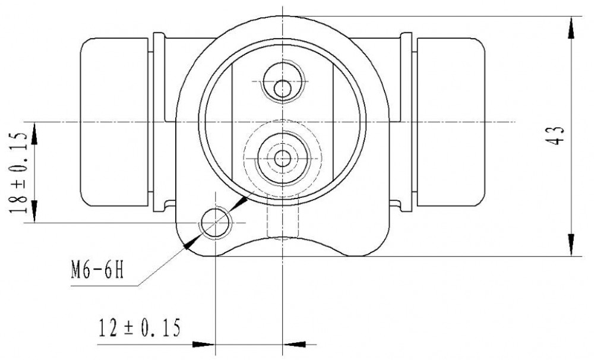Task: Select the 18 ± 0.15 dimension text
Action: [x=19, y=172]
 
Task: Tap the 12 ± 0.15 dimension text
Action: [x=140, y=328]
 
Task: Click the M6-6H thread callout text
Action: [x=97, y=270]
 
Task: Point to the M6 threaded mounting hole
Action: [x=216, y=222]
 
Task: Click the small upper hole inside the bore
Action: [x=282, y=89]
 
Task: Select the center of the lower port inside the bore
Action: [x=282, y=159]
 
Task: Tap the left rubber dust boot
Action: [x=115, y=122]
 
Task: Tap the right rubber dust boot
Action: [x=451, y=122]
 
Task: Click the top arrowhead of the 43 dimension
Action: [x=571, y=27]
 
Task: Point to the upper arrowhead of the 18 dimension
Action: [x=34, y=133]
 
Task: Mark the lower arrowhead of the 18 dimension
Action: [x=34, y=211]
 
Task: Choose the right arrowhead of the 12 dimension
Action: [x=294, y=345]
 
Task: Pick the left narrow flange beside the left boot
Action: [x=159, y=122]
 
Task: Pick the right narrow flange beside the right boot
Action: [x=406, y=122]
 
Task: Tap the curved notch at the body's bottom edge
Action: [x=283, y=239]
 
